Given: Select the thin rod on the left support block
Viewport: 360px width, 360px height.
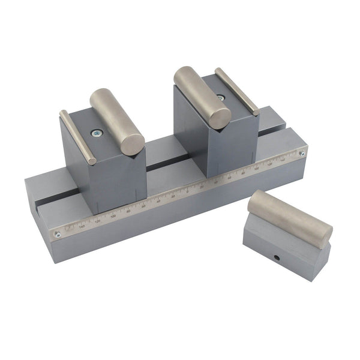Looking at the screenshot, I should (x=77, y=137).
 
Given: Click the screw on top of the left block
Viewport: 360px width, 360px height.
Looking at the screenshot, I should (x=94, y=134).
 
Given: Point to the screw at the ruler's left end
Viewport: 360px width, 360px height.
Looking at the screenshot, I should (x=58, y=235).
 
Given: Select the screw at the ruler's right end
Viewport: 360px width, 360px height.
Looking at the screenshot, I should (x=302, y=154).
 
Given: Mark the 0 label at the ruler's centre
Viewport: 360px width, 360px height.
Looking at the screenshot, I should (x=187, y=191).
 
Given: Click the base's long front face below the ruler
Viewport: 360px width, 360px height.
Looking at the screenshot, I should (x=180, y=222).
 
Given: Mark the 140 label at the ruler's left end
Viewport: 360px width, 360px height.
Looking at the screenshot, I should (x=82, y=226).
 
